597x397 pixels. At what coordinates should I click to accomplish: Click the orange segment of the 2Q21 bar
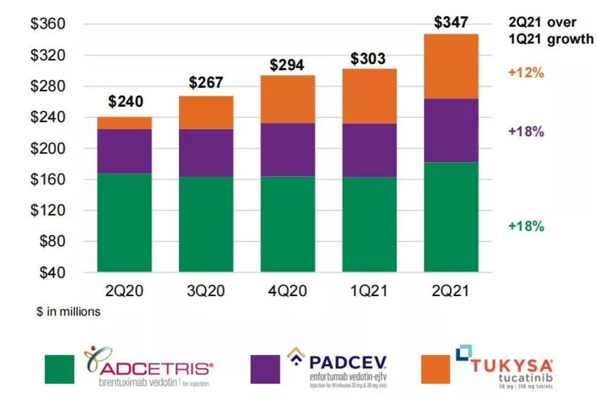coord(451,66)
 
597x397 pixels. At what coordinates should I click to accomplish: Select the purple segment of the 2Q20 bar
coord(124,151)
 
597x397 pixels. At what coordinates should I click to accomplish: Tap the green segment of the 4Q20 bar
coord(288,224)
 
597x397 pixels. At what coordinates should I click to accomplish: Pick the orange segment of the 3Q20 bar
coord(206,112)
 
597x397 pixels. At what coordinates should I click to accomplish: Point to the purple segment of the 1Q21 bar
coord(369,150)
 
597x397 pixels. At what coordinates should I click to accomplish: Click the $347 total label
coord(451,22)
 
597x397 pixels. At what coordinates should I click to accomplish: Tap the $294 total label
coord(288,65)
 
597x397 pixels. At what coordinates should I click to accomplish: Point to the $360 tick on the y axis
coord(48,25)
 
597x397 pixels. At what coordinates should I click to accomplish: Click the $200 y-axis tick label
coord(48,149)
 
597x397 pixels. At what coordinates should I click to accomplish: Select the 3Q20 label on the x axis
coord(206,290)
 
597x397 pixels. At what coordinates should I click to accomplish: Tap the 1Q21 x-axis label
coord(369,290)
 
